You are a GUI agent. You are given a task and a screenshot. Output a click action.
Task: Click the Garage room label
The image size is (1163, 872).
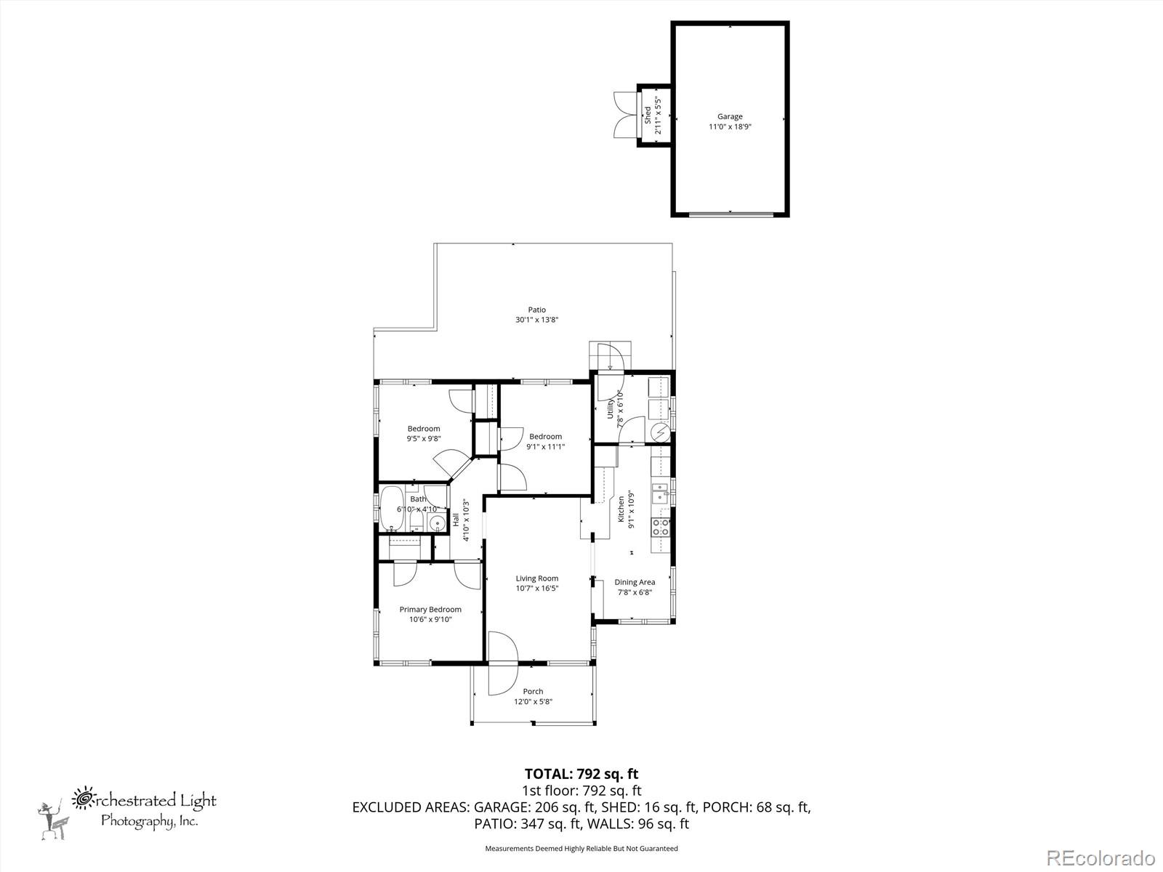coord(730,116)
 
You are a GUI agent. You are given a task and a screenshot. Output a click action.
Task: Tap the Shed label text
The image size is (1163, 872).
coord(648,115)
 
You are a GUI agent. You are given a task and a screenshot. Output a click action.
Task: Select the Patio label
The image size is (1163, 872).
coord(536,310)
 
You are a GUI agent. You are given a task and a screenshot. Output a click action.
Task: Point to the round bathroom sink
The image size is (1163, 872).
coord(438,524)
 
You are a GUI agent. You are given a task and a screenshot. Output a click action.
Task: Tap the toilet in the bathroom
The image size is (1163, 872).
coord(414,522)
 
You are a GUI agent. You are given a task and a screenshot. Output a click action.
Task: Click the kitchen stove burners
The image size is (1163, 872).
coord(661,527)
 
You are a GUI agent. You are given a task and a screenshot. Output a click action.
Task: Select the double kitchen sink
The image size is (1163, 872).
coord(660,492)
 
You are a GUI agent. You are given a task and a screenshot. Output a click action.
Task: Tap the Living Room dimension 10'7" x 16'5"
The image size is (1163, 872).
coord(537,589)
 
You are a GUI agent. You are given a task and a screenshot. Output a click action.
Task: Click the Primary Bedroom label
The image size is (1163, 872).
coord(430,610)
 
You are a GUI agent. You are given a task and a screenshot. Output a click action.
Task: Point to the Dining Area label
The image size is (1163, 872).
coord(635,582)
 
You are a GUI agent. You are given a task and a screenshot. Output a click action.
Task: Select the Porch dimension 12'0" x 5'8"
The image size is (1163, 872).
coord(534,701)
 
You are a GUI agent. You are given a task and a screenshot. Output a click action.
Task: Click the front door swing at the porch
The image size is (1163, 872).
coord(502,663)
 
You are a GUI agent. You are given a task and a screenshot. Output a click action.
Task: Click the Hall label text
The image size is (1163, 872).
coord(456,520)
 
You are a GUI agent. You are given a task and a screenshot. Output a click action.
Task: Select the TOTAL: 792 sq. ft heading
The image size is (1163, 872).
coord(581,774)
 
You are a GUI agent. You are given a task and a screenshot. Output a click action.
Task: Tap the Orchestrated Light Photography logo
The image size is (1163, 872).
coord(127,810)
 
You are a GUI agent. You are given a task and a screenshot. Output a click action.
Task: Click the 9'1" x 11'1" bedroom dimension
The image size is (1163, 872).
coord(545,447)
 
